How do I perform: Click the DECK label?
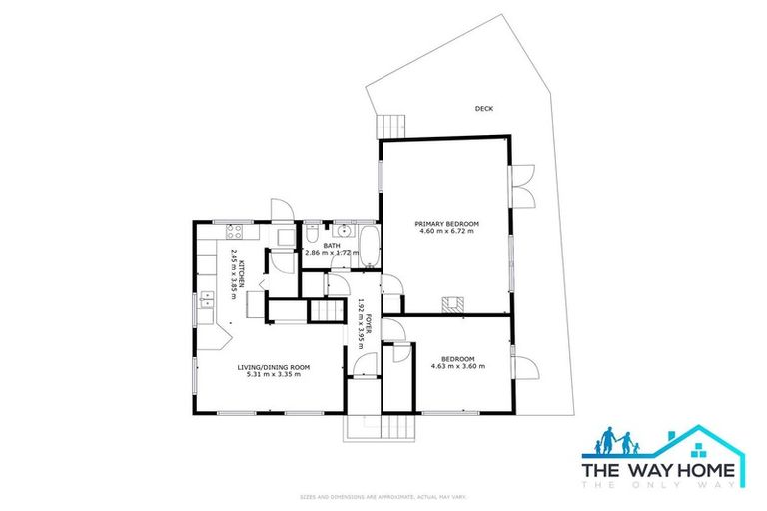pos(484,109)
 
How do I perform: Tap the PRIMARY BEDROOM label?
pos(447,223)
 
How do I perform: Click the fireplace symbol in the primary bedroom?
pos(454,303)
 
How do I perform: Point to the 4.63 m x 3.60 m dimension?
pos(457,366)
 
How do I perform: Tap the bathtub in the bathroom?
pos(368,247)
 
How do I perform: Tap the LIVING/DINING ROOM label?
pos(273,367)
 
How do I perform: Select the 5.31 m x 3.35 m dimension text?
pos(273,375)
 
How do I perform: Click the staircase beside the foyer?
pos(324,310)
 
